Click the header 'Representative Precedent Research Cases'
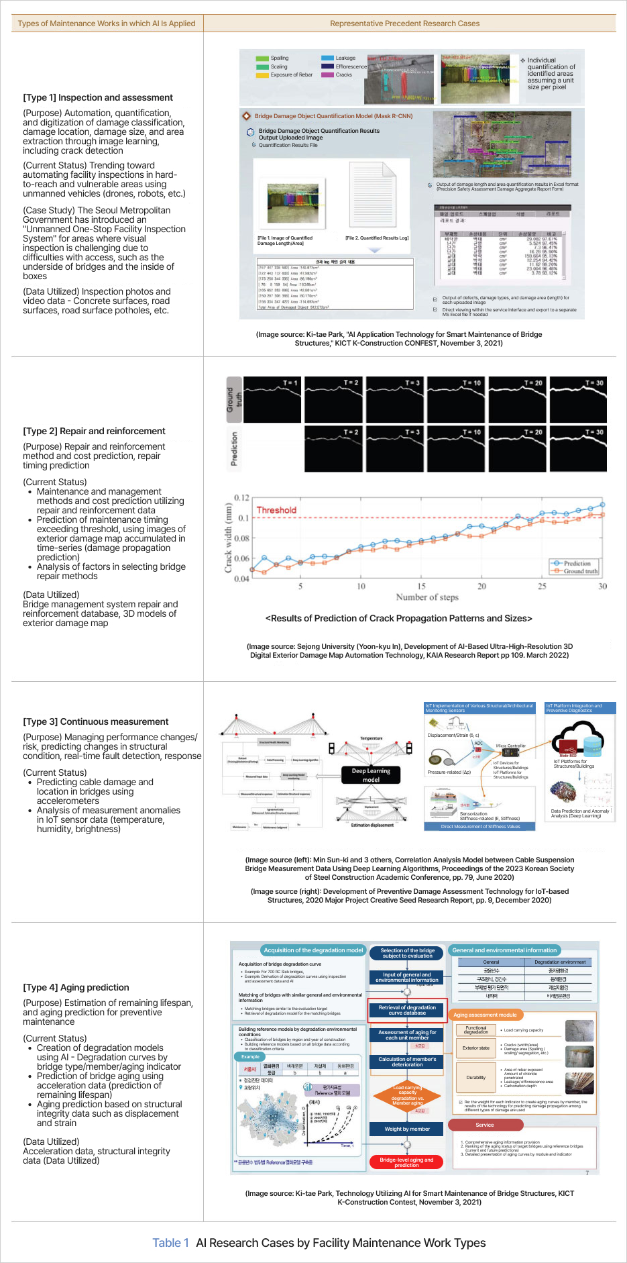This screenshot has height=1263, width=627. tap(404, 23)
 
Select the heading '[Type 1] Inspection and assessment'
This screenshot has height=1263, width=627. tap(98, 98)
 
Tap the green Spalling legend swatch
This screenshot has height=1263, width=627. tap(262, 58)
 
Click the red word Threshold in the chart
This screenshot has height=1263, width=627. tap(276, 510)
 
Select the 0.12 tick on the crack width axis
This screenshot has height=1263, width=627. tap(241, 498)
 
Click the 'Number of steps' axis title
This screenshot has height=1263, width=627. tap(427, 597)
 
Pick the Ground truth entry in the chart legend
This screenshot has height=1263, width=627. tap(580, 571)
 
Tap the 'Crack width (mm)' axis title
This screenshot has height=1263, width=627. tap(229, 538)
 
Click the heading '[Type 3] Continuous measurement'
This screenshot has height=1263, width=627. tap(96, 722)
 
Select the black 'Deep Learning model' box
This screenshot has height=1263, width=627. tap(371, 775)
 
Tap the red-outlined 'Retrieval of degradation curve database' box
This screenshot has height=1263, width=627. tap(407, 1010)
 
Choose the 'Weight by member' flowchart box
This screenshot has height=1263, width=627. tap(407, 1129)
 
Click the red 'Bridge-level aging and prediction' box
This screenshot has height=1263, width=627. tap(406, 1162)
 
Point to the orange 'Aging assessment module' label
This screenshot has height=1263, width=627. tap(485, 1015)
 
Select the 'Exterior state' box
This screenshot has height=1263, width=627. tap(475, 1048)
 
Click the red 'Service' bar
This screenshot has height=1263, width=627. tap(485, 1125)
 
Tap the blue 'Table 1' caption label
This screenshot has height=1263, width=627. tap(170, 1243)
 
